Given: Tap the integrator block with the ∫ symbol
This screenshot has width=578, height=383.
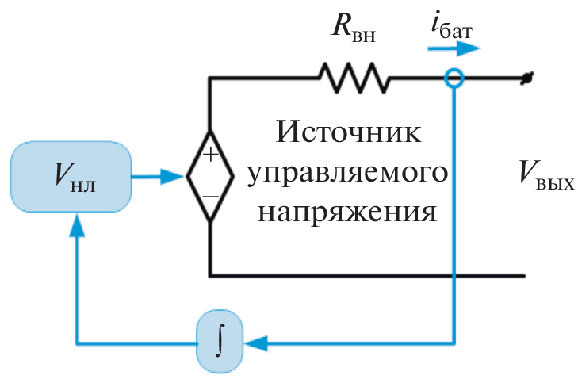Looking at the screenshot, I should click(x=218, y=343).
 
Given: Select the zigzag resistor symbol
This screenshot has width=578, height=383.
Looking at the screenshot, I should click(x=354, y=78).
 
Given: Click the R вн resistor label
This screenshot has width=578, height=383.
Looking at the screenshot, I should click(x=350, y=30).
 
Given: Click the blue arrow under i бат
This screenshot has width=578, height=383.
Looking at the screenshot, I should click(x=454, y=48).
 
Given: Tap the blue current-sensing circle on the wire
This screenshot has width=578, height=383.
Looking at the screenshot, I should click(x=453, y=78).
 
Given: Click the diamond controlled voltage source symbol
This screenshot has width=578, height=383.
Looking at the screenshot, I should click(x=209, y=176).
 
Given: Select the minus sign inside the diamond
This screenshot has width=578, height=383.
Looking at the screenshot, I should click(x=209, y=195).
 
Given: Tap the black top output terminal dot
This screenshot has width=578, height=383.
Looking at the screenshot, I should click(x=524, y=79).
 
